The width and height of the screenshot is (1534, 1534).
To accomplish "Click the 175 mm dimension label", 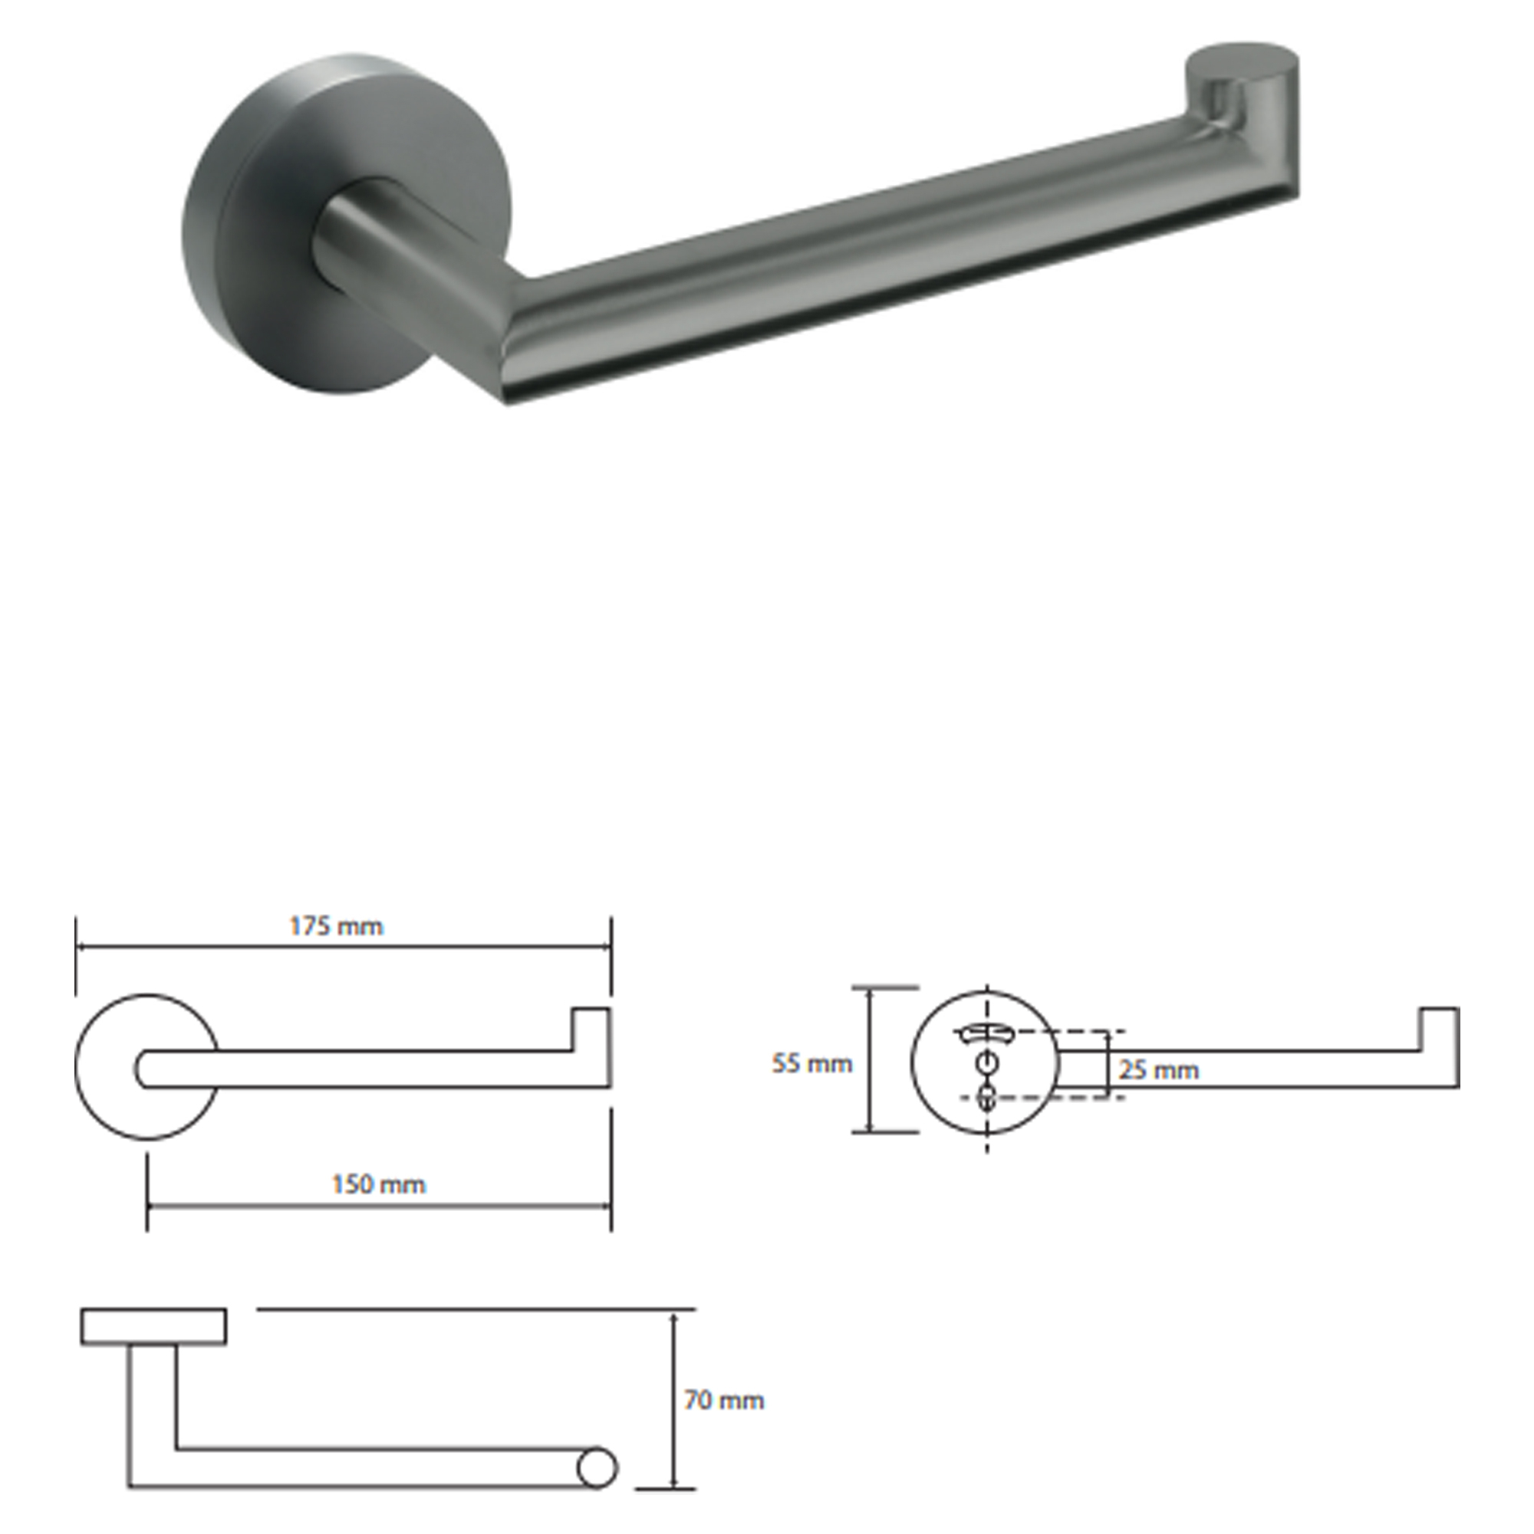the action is pos(336,927).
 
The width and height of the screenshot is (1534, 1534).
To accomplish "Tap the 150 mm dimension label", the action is pos(379,1185).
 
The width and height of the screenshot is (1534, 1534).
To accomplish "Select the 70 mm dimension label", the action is pos(724,1400).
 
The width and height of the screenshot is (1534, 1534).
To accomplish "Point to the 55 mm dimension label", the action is pos(812,1063).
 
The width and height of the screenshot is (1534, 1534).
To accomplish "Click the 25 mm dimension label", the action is pos(1158,1070).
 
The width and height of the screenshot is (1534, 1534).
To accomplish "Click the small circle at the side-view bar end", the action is pos(596,1468).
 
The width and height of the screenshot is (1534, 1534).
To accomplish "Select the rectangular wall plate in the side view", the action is pos(153,1327).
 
